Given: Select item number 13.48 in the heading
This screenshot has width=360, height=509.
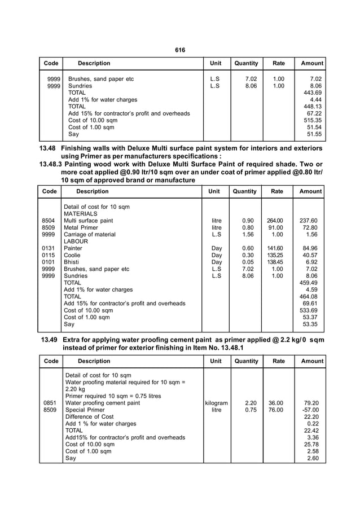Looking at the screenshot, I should (x=49, y=148).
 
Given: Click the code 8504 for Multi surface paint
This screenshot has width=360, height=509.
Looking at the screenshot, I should (x=49, y=221).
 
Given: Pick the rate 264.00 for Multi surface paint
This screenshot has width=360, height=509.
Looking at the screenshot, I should (x=276, y=221).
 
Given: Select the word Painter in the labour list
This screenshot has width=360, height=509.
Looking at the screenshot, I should (x=73, y=248).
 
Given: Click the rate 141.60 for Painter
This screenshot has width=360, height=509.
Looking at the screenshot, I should (x=276, y=248).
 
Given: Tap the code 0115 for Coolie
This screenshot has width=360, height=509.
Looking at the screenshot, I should (x=49, y=255).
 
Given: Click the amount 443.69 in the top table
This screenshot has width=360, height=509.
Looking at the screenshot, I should (x=312, y=93).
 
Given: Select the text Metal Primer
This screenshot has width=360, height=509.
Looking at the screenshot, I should (x=81, y=227).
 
